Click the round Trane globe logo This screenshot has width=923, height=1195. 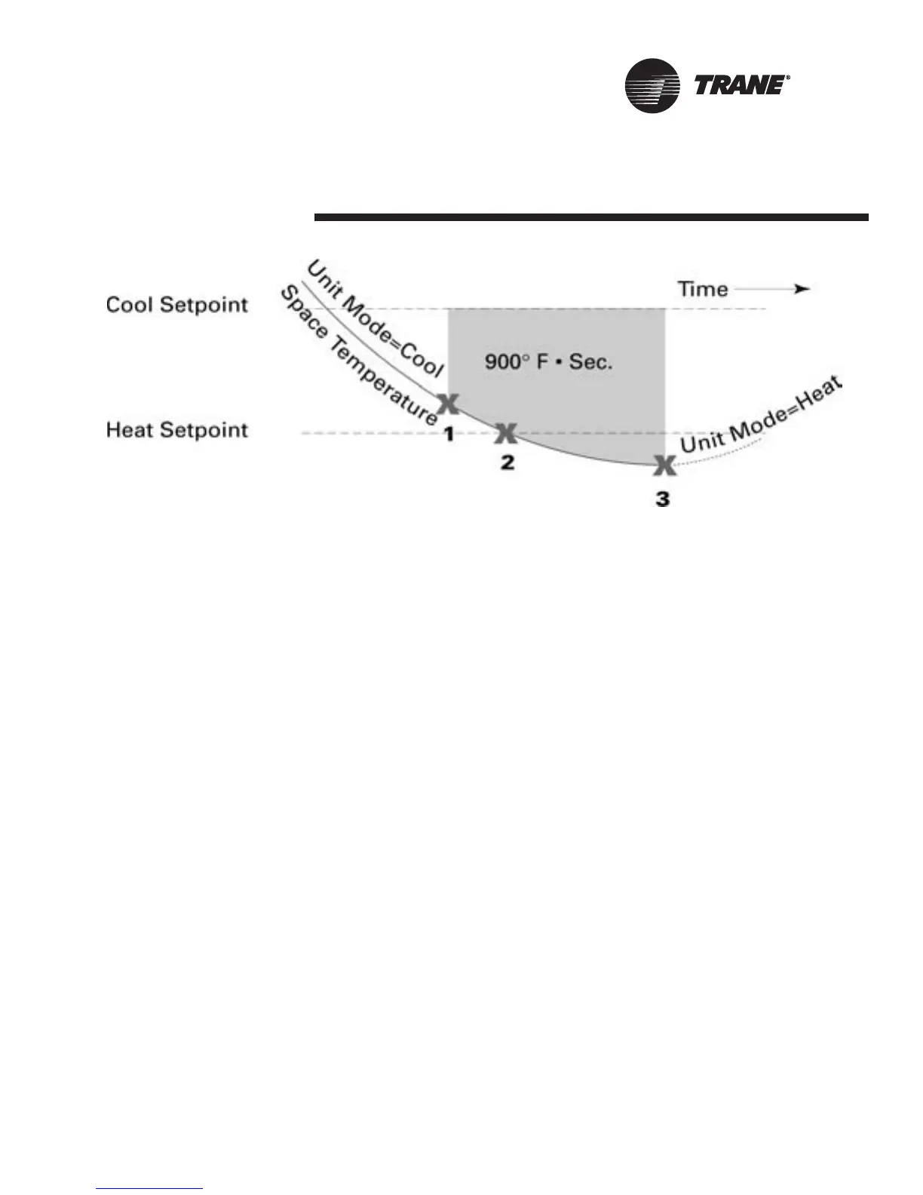(651, 86)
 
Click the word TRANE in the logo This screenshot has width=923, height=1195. (737, 85)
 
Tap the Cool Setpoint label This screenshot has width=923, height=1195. (177, 305)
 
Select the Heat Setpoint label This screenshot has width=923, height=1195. (177, 430)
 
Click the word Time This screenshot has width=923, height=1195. (703, 289)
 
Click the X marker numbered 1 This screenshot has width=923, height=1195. (448, 404)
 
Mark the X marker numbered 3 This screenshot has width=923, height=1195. (664, 466)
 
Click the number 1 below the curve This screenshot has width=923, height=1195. (448, 435)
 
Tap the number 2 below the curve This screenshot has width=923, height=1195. (507, 462)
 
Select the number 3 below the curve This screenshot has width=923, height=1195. (662, 499)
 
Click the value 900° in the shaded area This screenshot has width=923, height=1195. (504, 361)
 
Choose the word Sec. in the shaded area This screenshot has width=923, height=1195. (590, 361)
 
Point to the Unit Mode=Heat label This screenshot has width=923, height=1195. (760, 415)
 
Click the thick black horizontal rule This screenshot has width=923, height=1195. (591, 218)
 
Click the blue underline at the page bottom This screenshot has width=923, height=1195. (150, 1189)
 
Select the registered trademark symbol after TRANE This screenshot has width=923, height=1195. (788, 77)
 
